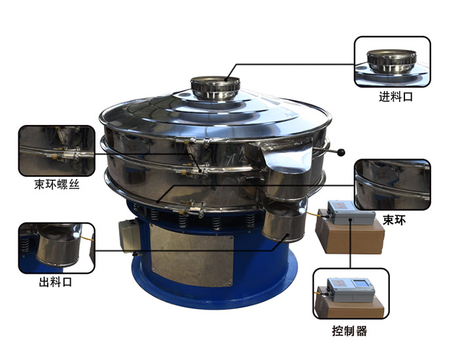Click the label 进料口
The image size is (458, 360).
click(x=396, y=96)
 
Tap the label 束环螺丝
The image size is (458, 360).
click(x=57, y=185)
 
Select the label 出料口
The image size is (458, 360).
click(x=56, y=282)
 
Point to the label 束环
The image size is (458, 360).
click(x=395, y=220)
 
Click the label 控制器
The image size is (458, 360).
click(x=349, y=331)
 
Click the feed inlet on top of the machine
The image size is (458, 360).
click(x=215, y=87)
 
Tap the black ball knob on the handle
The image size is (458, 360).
click(x=341, y=153)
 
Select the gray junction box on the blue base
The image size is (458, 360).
click(x=130, y=235)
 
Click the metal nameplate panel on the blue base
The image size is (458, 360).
click(x=191, y=255)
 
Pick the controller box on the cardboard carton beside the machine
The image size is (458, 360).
click(x=351, y=213)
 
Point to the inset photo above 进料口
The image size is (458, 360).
click(x=393, y=62)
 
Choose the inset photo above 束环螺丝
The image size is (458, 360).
click(x=57, y=151)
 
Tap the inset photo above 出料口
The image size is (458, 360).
click(x=57, y=248)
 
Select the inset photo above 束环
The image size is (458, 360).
click(x=393, y=185)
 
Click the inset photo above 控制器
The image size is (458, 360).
click(x=351, y=294)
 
